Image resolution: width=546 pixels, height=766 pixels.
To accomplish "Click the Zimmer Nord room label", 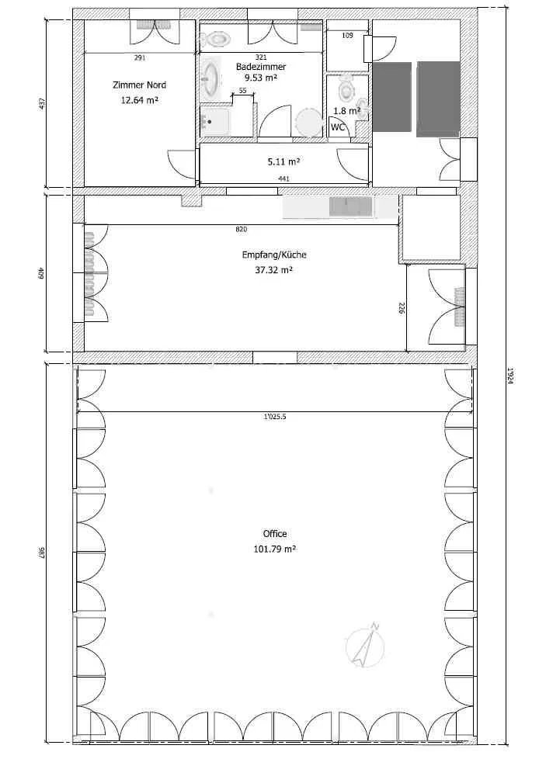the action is coord(139,85).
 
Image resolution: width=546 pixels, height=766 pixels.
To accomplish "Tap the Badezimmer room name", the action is coord(260,67).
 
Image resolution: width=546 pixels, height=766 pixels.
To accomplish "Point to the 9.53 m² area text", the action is coord(260,77).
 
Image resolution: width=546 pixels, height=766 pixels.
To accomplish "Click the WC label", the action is coord(339,127).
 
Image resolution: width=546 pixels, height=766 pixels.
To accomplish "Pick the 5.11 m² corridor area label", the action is coord(283,161).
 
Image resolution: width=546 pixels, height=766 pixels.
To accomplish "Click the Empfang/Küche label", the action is coord(274,255).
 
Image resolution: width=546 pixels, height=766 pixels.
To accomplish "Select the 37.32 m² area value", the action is coord(274,270).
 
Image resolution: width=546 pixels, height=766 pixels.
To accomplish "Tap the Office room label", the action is coord(275,534).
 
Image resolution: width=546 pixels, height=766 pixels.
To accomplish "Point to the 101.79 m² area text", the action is coord(275,549).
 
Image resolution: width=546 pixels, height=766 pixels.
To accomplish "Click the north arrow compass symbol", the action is coord(365,644).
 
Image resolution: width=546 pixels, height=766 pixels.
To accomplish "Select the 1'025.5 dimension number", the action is coord(275,418).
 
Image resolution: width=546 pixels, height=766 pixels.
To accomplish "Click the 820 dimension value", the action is coord(242,229).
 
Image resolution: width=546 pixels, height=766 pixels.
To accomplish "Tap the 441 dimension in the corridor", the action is coord(283,179).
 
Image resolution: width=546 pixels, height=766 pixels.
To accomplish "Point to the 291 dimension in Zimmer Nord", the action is coord(140,58).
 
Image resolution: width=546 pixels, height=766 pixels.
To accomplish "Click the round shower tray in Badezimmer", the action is coord(309,123).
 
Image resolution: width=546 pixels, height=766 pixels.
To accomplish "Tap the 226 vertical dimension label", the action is coord(402,309).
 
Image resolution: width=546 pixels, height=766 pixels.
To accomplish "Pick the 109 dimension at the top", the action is coord(347,36).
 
